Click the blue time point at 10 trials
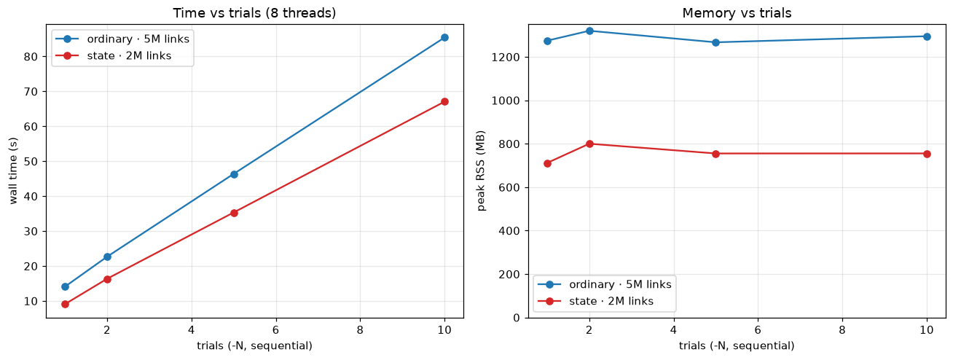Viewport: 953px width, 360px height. [x=444, y=37]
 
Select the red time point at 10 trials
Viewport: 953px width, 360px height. [x=444, y=102]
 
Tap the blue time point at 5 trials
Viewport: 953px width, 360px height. [x=234, y=174]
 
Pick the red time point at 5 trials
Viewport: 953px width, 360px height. [x=234, y=213]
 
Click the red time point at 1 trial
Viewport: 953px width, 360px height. [x=65, y=305]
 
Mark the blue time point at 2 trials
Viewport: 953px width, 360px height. [x=107, y=257]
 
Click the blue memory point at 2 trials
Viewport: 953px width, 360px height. [x=589, y=31]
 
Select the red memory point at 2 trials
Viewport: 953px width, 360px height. [x=589, y=144]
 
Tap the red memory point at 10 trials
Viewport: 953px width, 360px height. [x=927, y=154]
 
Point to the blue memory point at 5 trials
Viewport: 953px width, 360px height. [x=715, y=42]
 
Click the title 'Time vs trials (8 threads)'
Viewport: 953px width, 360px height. [x=254, y=13]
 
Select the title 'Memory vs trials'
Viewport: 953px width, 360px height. [x=737, y=13]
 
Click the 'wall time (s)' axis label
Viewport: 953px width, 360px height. [x=13, y=171]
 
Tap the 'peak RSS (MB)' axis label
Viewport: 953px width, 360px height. [x=481, y=171]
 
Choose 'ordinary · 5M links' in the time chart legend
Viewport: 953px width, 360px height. [x=138, y=39]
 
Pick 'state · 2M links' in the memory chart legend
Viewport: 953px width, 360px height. [x=611, y=301]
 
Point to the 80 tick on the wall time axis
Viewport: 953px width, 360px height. [x=31, y=57]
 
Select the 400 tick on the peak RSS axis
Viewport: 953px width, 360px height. [x=509, y=231]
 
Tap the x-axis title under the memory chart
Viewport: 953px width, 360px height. [x=737, y=345]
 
